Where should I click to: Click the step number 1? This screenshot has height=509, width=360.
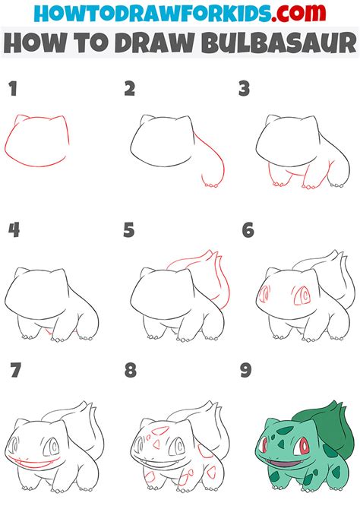pos(12,90)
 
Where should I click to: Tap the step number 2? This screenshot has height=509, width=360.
pos(130,90)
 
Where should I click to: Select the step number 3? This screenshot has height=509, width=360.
pos(244,90)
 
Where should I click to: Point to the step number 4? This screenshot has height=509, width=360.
pos(13,229)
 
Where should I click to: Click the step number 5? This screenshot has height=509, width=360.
pos(130,229)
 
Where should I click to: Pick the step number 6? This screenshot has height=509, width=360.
pos(247,229)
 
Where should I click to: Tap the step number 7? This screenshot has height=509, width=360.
pos(13,371)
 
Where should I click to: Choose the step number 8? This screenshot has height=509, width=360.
pos(130,371)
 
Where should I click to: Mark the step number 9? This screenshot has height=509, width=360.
pos(247,371)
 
